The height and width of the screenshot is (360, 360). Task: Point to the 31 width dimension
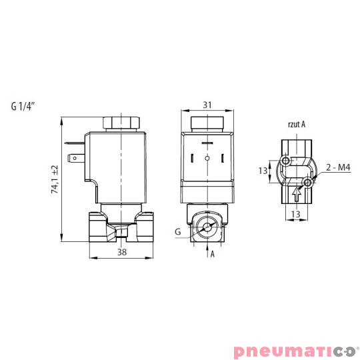click(207, 105)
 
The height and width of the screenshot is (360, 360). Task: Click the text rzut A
click(295, 123)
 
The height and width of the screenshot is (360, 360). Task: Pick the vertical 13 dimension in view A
click(263, 171)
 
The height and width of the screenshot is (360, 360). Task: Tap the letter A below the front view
click(213, 254)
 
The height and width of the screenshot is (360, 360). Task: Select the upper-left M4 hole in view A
click(286, 162)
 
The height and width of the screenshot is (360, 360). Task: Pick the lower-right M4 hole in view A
click(307, 181)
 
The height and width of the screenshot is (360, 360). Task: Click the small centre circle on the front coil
click(207, 159)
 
